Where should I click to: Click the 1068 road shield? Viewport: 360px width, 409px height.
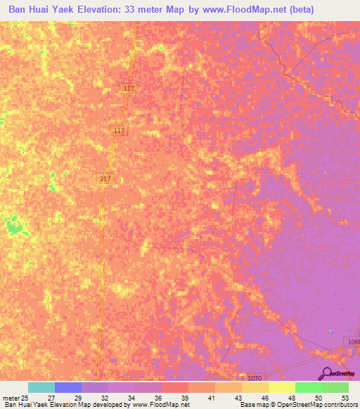coord(353,341)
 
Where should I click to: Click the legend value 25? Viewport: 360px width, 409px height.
coord(24,398)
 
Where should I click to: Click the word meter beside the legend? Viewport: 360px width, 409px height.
coord(10,398)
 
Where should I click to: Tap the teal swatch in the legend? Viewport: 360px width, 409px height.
coord(41,387)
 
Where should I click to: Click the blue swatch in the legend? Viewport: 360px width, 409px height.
coord(68,387)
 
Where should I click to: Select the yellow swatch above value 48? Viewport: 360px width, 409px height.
coord(281,387)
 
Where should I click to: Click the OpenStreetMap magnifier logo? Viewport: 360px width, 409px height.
coord(327,373)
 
